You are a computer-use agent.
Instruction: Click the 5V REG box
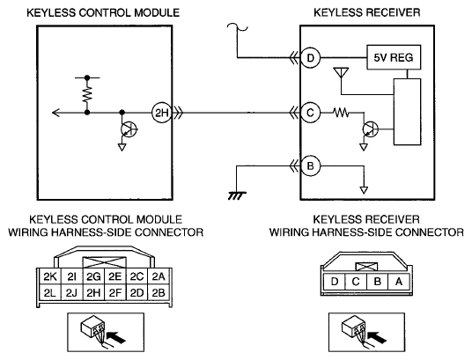click(394, 57)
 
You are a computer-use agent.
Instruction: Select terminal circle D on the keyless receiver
click(310, 57)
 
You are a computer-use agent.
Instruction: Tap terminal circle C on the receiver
click(310, 113)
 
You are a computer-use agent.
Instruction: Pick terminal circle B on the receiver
click(310, 165)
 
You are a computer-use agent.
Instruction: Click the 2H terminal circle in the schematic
click(161, 113)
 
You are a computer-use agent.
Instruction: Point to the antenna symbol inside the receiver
click(341, 73)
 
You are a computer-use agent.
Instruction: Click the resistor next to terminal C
click(341, 113)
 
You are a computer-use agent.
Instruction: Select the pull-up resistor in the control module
click(87, 94)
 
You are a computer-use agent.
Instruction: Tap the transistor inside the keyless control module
click(129, 129)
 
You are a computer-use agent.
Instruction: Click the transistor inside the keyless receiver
click(371, 129)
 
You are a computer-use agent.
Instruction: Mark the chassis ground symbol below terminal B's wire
click(237, 195)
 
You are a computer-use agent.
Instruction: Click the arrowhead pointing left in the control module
click(56, 113)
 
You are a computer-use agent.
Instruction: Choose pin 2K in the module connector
click(50, 276)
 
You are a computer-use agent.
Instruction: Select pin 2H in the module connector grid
click(93, 292)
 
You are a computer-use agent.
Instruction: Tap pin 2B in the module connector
click(159, 292)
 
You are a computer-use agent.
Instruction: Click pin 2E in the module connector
click(115, 276)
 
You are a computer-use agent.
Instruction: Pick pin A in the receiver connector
click(399, 282)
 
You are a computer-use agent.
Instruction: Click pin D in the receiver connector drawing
click(334, 282)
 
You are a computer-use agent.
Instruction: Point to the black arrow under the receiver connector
click(377, 337)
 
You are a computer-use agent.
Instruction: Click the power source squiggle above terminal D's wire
click(238, 27)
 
